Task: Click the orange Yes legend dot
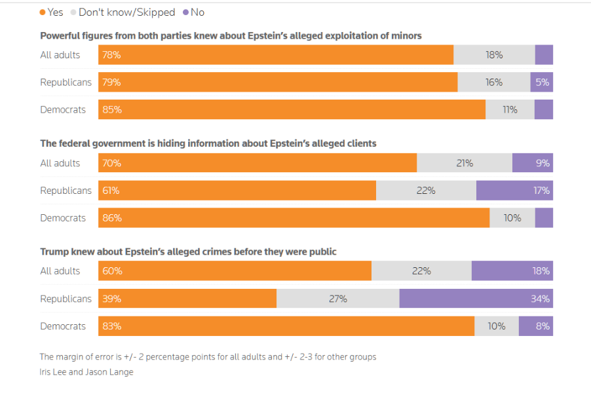[x=43, y=12]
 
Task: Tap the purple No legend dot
[x=186, y=12]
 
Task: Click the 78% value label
[x=111, y=55]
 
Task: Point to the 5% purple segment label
[x=543, y=83]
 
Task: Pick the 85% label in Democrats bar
[x=112, y=110]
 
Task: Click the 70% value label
[x=111, y=163]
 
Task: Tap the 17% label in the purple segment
[x=542, y=191]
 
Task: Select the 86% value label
[x=112, y=218]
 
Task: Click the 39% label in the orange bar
[x=111, y=299]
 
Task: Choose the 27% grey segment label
[x=337, y=299]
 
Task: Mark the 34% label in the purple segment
[x=541, y=299]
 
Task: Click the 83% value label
[x=111, y=326]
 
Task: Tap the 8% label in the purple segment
[x=543, y=326]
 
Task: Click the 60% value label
[x=112, y=271]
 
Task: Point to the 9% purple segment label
[x=543, y=163]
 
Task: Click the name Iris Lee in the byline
[x=56, y=372]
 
